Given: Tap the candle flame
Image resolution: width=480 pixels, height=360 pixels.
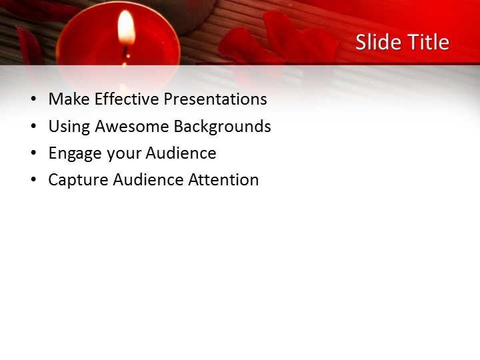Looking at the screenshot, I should (126, 28).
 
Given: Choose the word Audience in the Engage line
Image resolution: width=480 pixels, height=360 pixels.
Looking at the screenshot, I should (181, 153).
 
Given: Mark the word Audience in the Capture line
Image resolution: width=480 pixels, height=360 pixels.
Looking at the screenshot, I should (149, 179).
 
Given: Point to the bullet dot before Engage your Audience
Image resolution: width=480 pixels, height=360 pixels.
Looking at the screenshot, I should (33, 154).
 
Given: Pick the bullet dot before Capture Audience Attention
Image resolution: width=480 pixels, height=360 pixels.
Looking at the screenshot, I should (33, 181).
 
